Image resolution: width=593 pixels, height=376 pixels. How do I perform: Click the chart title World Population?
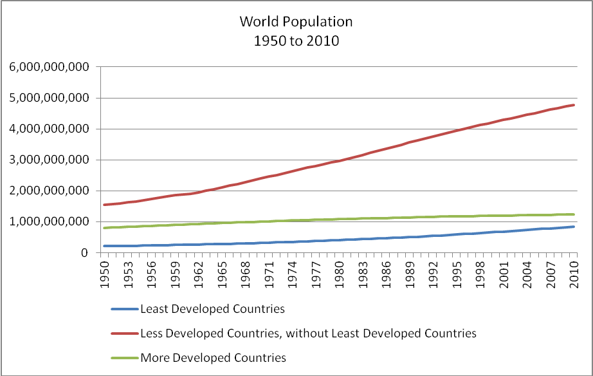coord(296,21)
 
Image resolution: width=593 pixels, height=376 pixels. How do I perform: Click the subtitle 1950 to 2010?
coord(296,41)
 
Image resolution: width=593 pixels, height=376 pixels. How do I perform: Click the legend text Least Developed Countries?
coord(213,309)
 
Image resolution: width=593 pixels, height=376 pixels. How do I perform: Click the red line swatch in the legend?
coord(125,334)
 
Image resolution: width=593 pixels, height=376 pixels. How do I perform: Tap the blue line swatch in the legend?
coord(125,309)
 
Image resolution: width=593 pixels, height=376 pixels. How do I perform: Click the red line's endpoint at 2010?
coord(574,105)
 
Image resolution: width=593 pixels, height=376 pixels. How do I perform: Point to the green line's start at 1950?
coord(102,228)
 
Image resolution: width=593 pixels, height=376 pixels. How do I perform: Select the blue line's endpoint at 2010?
coord(574,227)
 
